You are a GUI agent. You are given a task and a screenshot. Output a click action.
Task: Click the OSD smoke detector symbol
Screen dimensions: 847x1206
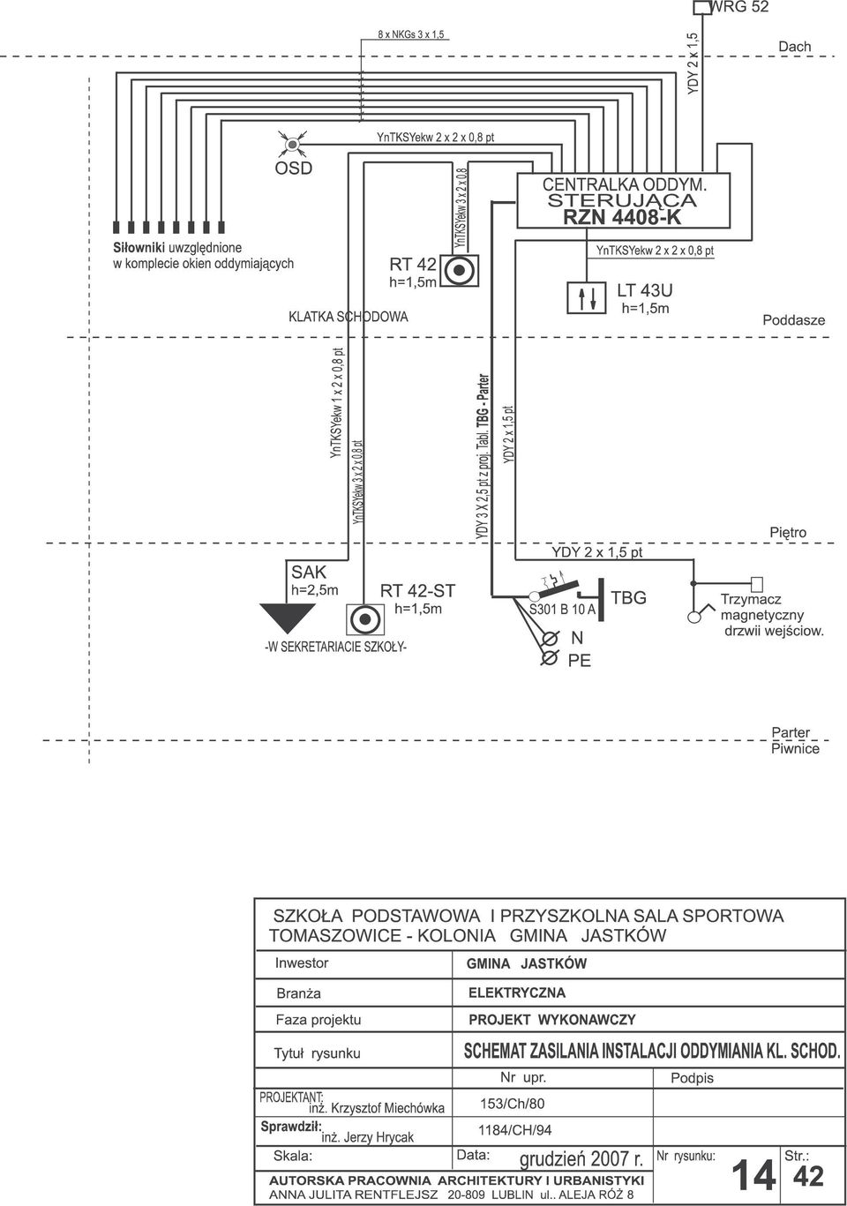(x=292, y=145)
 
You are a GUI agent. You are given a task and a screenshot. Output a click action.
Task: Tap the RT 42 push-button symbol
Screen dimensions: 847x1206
(x=460, y=270)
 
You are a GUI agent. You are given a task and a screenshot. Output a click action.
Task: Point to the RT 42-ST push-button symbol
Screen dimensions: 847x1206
(x=364, y=619)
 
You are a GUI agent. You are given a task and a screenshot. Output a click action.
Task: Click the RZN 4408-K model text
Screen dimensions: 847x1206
(x=623, y=218)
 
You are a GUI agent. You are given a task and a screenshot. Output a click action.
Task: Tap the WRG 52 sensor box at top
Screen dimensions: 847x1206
(x=702, y=8)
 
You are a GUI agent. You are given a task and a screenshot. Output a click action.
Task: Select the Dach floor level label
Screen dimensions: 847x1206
(x=794, y=47)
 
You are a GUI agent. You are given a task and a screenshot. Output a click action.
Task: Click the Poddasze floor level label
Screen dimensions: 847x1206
(x=793, y=320)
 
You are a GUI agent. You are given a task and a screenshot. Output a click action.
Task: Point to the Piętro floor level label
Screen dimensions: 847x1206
(x=788, y=533)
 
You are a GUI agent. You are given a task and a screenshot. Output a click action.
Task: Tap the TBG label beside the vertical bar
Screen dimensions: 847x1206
(x=628, y=597)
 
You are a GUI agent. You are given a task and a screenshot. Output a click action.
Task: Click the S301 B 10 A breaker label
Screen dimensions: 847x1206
(x=562, y=610)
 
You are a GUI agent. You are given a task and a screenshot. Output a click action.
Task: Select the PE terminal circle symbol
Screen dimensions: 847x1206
(x=549, y=658)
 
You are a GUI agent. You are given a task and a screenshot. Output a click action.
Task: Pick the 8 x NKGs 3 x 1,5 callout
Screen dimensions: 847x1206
(x=411, y=35)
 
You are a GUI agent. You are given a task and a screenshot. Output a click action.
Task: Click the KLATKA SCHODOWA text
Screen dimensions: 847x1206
(x=348, y=317)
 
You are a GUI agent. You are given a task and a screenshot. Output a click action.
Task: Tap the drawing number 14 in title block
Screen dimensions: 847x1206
(x=753, y=1176)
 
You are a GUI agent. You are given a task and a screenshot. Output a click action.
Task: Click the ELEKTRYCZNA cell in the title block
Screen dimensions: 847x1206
(x=517, y=993)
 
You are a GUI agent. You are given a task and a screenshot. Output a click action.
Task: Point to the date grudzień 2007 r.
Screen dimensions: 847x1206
(x=581, y=1158)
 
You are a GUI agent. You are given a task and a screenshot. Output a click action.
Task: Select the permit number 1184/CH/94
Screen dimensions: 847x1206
(x=514, y=1130)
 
